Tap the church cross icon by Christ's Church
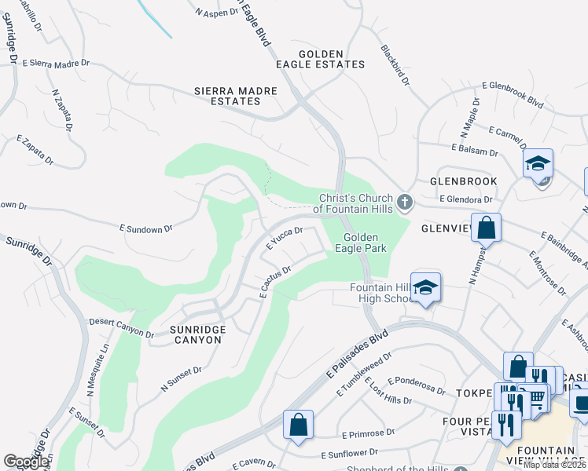click(405, 203)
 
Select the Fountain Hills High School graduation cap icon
click(425, 288)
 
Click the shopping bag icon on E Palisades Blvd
click(299, 426)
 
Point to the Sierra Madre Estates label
click(236, 96)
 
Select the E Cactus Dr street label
click(275, 280)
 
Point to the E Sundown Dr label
click(145, 229)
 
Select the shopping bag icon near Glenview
click(487, 228)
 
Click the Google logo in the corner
click(26, 462)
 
